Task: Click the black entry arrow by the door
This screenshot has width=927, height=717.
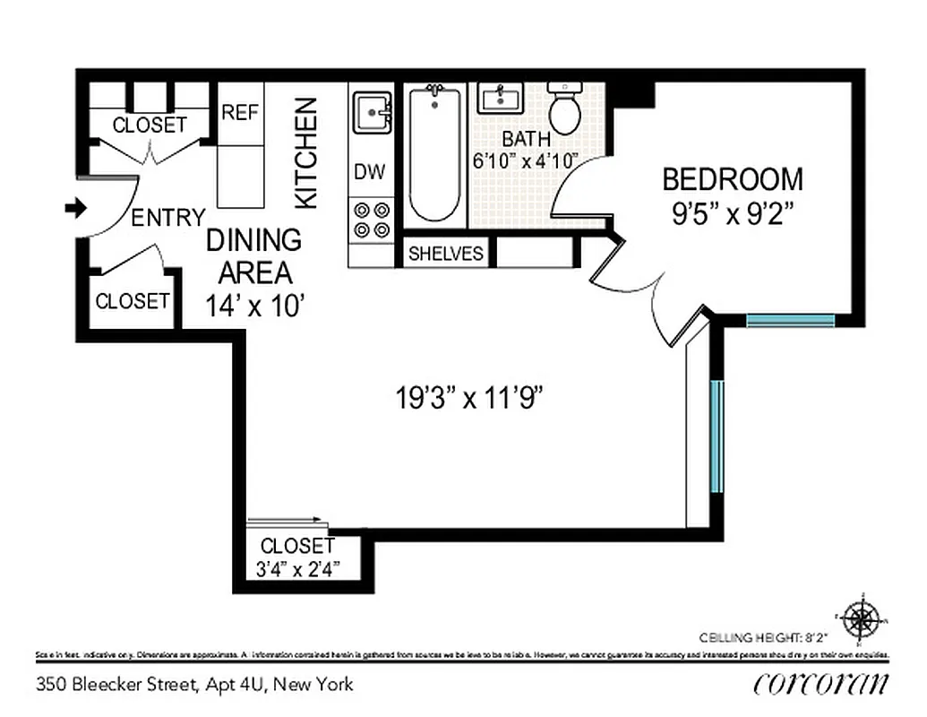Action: (x=75, y=209)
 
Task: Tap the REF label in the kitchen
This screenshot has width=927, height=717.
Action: (x=240, y=113)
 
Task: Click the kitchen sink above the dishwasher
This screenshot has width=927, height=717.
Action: (x=371, y=113)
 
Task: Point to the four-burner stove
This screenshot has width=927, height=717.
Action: (x=372, y=220)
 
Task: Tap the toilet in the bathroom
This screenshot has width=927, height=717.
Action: (x=564, y=108)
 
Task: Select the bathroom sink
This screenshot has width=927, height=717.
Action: (x=500, y=98)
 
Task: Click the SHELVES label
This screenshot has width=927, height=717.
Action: (x=446, y=254)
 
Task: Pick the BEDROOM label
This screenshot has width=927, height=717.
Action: (x=733, y=179)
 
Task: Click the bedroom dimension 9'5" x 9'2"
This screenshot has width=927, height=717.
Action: (x=733, y=215)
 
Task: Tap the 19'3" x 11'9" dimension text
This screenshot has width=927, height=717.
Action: (x=471, y=397)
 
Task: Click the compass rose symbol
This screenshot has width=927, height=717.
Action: (x=862, y=618)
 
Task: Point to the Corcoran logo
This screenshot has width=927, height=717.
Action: (x=821, y=684)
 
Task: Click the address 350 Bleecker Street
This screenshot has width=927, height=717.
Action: (x=195, y=685)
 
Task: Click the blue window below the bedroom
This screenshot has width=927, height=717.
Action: (x=791, y=320)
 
